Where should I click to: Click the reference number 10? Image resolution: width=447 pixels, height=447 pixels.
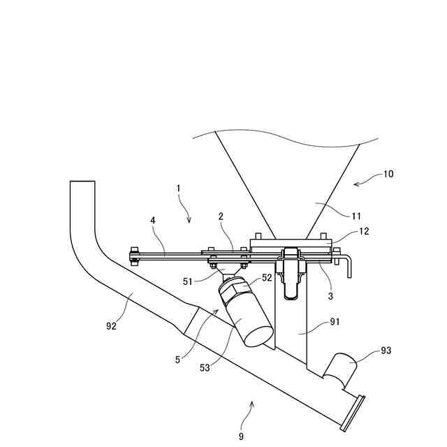click(388, 174)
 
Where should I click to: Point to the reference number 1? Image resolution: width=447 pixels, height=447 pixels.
click(178, 188)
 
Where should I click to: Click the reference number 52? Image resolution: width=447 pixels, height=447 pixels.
click(266, 277)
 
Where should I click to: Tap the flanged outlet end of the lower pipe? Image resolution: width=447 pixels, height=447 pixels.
click(353, 412)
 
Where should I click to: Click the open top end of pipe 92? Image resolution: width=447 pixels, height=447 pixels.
click(82, 182)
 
